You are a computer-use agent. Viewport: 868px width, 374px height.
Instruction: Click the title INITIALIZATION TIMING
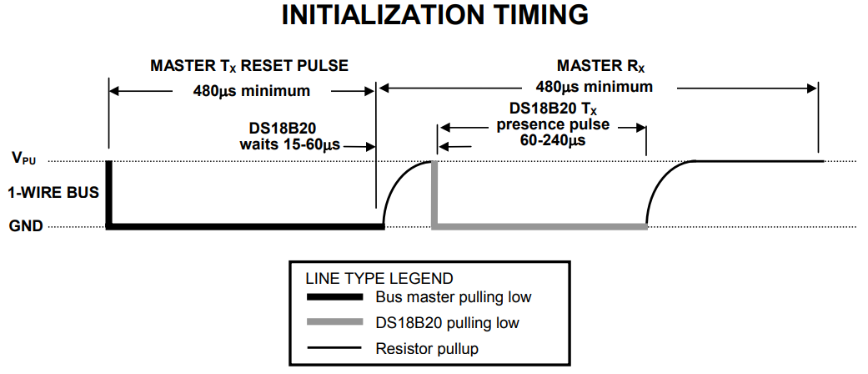click(434, 18)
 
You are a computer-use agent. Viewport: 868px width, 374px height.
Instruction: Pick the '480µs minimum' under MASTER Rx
click(594, 87)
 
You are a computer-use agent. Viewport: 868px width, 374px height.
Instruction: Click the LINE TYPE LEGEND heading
click(379, 278)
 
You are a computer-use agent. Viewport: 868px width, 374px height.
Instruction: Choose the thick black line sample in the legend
click(334, 297)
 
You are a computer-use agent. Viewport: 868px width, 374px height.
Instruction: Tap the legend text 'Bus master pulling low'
click(453, 297)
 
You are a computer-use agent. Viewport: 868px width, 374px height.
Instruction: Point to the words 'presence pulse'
click(553, 125)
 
